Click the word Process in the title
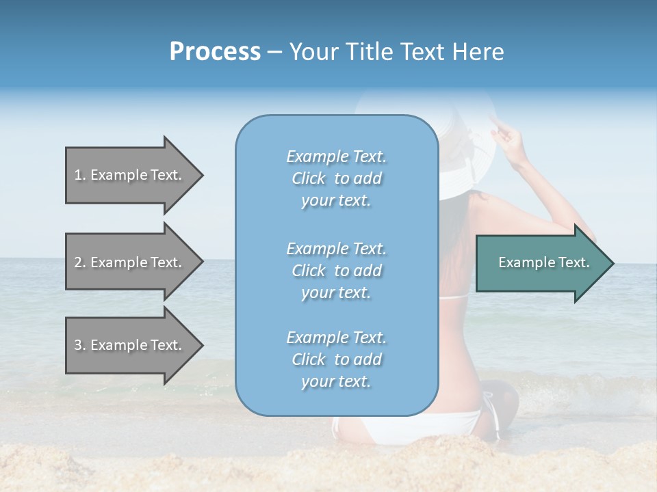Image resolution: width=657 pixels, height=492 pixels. click(x=215, y=52)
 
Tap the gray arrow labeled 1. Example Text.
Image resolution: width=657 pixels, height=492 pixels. click(x=130, y=175)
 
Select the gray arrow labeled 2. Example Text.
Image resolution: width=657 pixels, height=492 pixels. click(x=130, y=262)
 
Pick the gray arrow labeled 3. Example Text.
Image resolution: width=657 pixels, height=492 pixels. click(x=130, y=345)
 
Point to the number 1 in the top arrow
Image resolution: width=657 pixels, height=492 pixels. click(x=78, y=175)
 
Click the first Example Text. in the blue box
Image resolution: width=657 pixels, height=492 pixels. click(x=336, y=156)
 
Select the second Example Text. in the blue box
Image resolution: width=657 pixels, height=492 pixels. click(x=336, y=249)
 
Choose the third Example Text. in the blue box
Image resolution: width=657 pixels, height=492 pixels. click(x=336, y=338)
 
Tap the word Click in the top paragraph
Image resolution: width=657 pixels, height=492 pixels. click(x=308, y=178)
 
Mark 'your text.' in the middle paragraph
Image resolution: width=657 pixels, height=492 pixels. click(x=336, y=292)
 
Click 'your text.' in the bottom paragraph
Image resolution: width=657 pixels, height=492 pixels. click(x=336, y=381)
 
